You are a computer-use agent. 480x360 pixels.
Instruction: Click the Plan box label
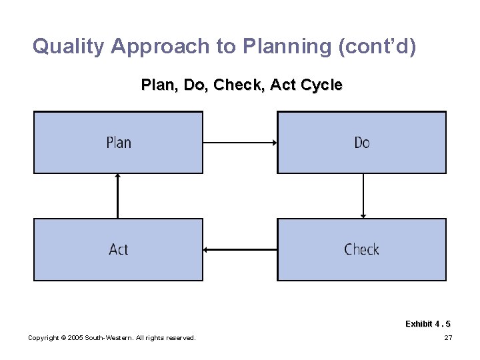tap(119, 143)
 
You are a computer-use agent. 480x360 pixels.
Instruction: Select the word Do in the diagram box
tap(361, 143)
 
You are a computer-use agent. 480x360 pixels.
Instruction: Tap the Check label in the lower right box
tap(361, 249)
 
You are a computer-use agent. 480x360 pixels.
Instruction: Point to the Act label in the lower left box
tap(119, 249)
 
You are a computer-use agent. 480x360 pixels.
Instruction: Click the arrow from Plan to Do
tap(240, 142)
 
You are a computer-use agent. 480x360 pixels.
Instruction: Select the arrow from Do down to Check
tap(363, 196)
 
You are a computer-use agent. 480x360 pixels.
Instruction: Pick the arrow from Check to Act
tap(240, 250)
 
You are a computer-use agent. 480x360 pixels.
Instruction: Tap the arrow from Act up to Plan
tap(117, 196)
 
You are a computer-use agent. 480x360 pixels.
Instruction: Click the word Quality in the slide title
tap(69, 47)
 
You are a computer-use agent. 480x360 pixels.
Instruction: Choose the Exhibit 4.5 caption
tap(427, 324)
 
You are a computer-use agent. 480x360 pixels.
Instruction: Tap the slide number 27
tap(448, 338)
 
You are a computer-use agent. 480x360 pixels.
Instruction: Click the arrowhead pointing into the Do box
tap(274, 142)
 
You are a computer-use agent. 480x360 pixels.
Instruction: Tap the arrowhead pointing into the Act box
tap(206, 250)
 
